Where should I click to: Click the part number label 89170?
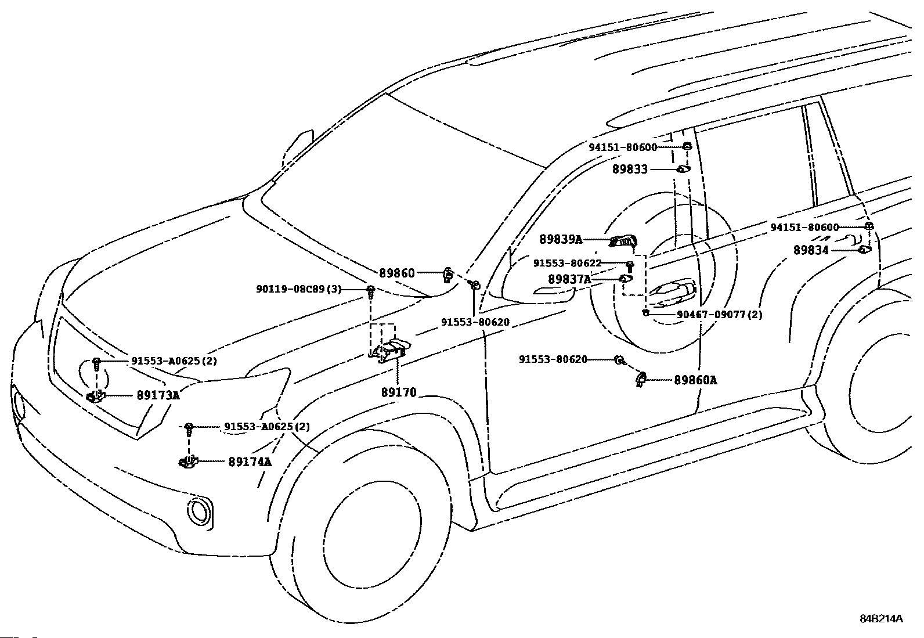399,392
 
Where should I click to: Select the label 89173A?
158,396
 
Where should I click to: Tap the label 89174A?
250,462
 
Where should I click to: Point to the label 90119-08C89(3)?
298,289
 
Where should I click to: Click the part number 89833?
630,170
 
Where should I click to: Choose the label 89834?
811,250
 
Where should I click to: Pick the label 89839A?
561,239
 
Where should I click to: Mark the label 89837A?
569,280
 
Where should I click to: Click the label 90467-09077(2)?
720,315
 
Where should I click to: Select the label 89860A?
695,380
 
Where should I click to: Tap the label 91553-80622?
568,264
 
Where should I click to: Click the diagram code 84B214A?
881,619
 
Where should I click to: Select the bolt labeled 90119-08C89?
370,290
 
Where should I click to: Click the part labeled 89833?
683,170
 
